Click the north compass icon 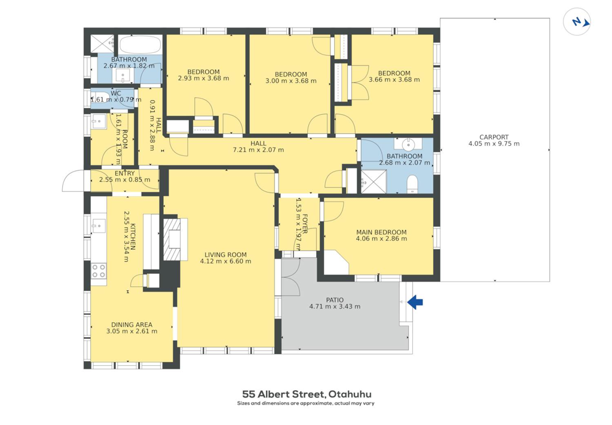(577, 22)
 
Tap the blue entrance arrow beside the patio (415, 302)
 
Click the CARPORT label (494, 137)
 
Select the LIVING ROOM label (225, 255)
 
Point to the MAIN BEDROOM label (381, 232)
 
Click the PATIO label (335, 300)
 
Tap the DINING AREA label (132, 325)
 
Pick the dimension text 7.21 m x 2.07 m (258, 150)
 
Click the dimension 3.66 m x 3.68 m (394, 80)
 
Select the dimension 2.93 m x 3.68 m (203, 78)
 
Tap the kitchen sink (99, 225)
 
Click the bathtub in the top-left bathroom (140, 45)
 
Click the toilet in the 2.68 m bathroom (412, 184)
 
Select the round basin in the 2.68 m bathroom (408, 145)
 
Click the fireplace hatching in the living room (172, 239)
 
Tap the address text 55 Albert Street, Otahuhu (307, 394)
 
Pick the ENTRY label (124, 173)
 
